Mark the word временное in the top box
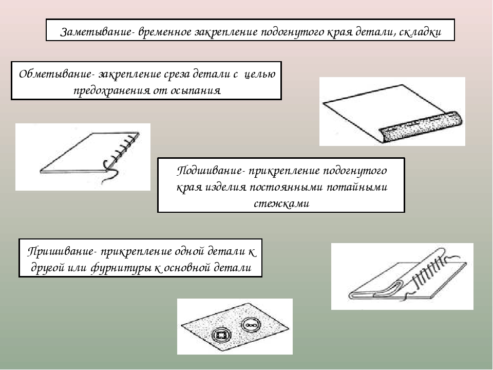click(164, 32)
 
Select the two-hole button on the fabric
click(251, 325)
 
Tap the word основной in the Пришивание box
click(196, 268)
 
